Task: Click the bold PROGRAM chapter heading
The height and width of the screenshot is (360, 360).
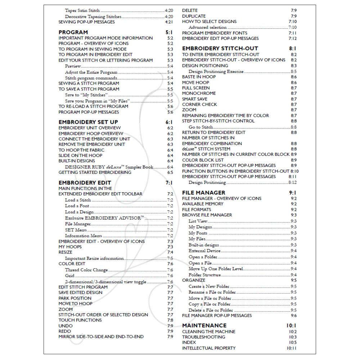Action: point(73,32)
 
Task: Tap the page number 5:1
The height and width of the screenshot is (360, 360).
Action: point(169,32)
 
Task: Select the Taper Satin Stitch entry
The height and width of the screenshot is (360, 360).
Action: point(82,11)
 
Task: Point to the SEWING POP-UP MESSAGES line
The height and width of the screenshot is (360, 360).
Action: point(86,22)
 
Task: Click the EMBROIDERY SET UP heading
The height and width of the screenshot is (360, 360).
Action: point(88,122)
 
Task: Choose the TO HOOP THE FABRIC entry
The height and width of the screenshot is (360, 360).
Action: point(81,150)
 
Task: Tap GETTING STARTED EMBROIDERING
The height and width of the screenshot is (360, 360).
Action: point(95,172)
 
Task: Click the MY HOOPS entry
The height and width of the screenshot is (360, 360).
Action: point(70,247)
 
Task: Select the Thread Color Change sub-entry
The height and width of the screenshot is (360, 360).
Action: point(86,270)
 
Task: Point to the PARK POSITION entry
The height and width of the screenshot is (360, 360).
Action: point(75,298)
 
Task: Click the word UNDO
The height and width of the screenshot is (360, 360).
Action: point(66,326)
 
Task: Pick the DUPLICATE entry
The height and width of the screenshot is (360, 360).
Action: point(194,16)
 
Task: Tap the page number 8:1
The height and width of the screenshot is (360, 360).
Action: point(293,48)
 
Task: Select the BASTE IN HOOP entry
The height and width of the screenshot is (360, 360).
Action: point(199,77)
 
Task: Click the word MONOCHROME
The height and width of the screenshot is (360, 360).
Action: point(199,93)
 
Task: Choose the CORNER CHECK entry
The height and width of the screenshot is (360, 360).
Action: point(199,104)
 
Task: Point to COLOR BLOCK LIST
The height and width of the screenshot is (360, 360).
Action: point(203,160)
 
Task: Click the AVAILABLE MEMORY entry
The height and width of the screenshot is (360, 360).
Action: point(202,204)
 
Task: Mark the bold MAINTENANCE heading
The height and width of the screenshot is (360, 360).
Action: point(204,325)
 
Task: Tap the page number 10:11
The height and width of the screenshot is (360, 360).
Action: point(292,348)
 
